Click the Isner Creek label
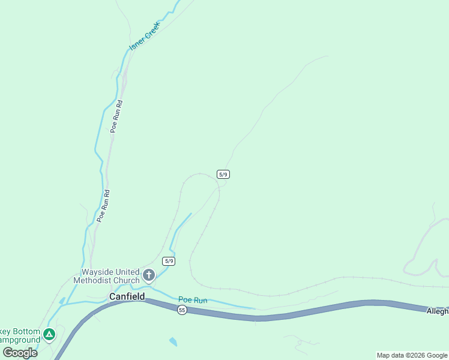145,36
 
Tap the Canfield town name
127,296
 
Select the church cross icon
148,276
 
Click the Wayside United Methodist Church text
106,276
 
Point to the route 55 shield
182,310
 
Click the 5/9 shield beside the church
169,261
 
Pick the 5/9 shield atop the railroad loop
223,174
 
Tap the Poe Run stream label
193,300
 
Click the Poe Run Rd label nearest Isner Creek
117,115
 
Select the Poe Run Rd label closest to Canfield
103,206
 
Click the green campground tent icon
49,334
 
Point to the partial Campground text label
20,340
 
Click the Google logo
20,353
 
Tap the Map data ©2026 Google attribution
412,355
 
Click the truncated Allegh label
437,311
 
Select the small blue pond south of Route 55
173,341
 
